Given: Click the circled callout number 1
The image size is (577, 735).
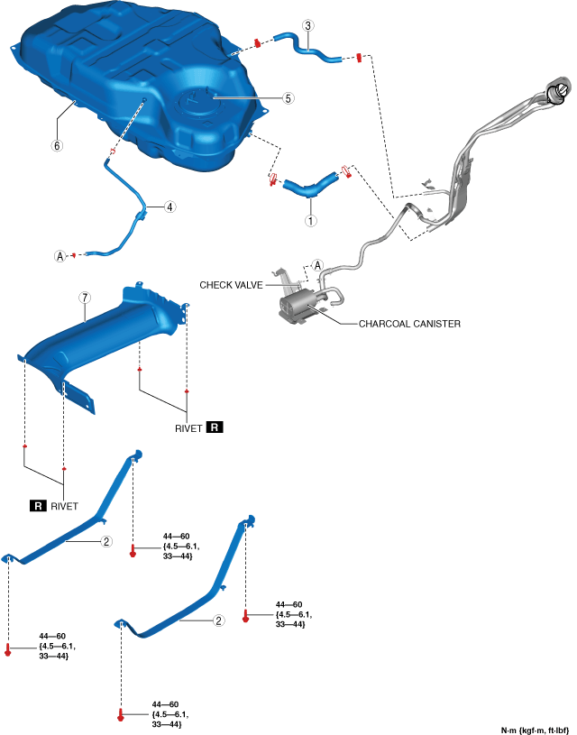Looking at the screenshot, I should (311, 219).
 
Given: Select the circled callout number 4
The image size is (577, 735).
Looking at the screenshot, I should (169, 206).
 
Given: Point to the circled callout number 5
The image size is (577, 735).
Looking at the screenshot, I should (288, 98).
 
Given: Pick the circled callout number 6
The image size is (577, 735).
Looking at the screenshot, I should (57, 145).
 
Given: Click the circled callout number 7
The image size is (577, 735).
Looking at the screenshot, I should (84, 297).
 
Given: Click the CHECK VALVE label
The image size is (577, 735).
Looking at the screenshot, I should (230, 283).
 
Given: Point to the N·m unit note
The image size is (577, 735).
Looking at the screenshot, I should (536, 728).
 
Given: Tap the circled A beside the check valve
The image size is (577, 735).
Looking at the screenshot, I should (316, 265).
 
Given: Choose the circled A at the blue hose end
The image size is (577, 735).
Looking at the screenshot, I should (60, 256).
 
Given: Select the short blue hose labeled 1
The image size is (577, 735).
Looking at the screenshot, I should (307, 187).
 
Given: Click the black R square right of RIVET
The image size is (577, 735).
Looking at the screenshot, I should (214, 427).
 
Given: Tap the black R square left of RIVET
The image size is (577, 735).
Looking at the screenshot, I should (39, 506).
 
